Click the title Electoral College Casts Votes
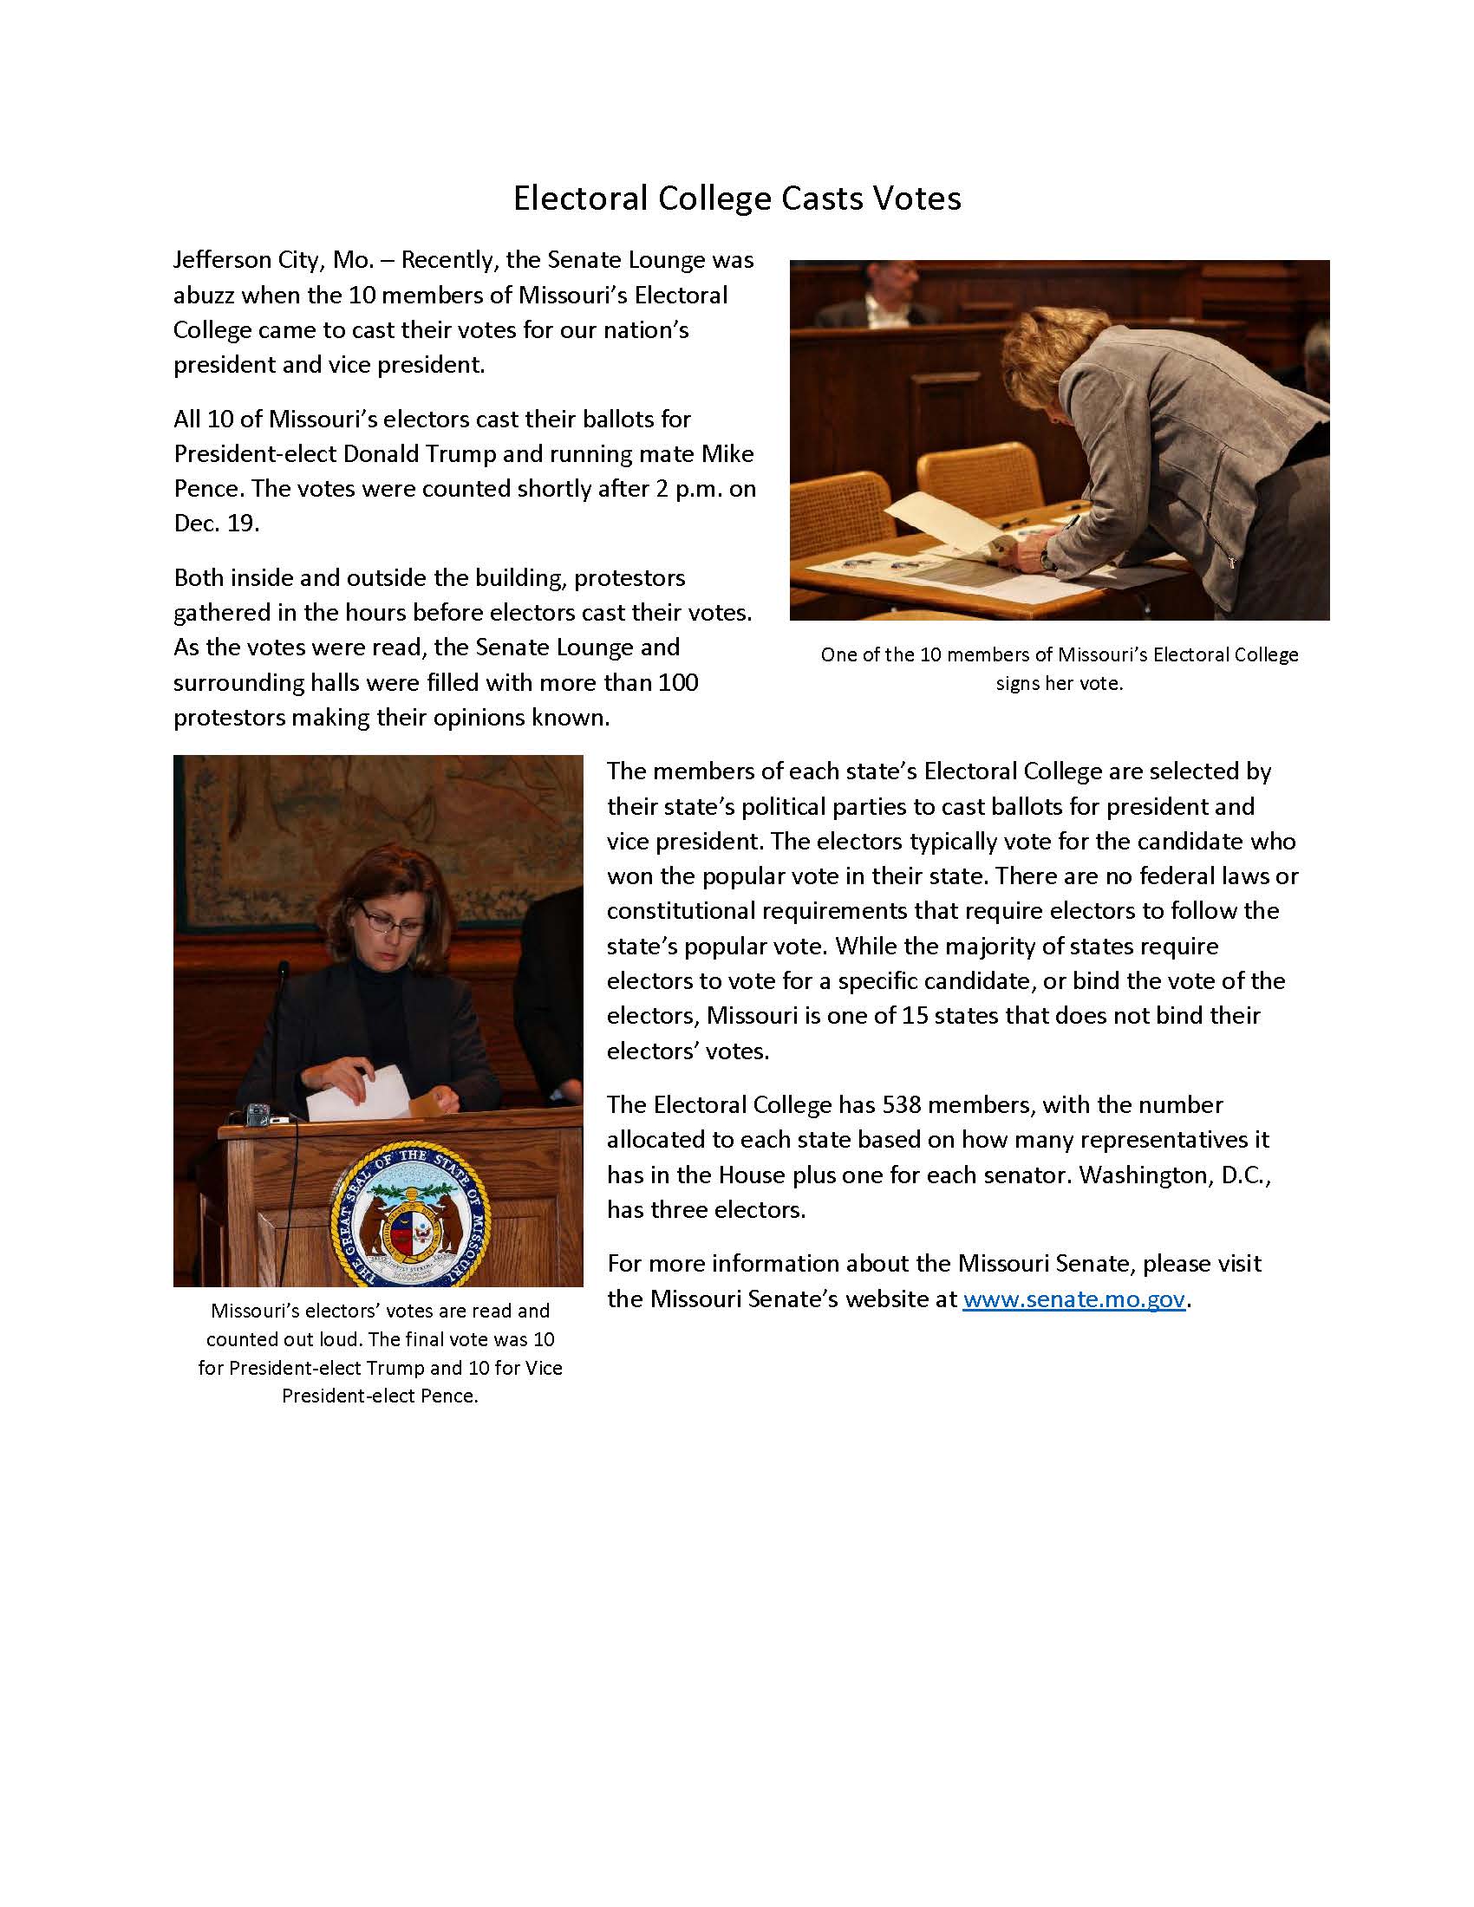click(736, 199)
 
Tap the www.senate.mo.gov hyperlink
click(1073, 1298)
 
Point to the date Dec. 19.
click(216, 523)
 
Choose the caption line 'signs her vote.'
click(1059, 683)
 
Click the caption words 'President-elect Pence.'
click(379, 1396)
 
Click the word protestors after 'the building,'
click(629, 578)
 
